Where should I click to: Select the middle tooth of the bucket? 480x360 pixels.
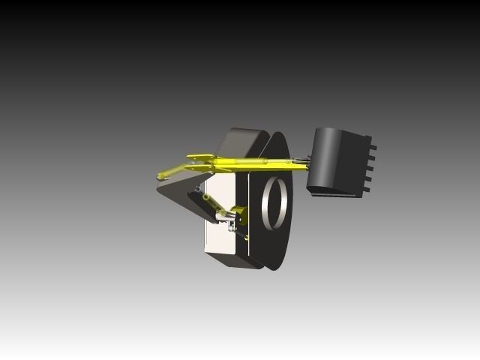(x=370, y=164)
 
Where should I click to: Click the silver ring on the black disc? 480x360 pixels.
(x=273, y=202)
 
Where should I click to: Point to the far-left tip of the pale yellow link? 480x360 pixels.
(x=160, y=176)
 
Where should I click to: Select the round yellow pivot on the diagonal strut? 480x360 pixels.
(x=206, y=197)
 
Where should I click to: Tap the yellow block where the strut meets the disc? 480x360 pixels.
(x=238, y=212)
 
